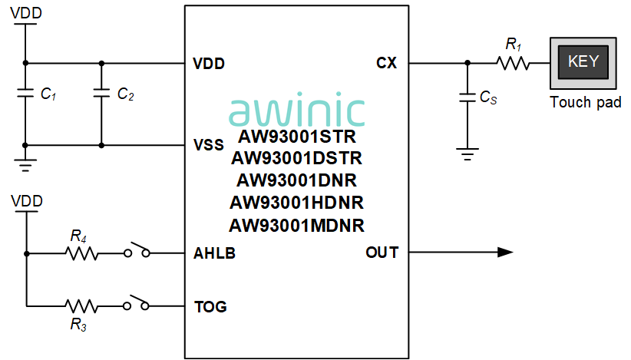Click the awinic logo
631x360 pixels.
coord(296,110)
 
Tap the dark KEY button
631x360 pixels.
coord(583,62)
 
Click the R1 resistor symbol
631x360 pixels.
coord(513,63)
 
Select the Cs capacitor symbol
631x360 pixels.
coord(467,97)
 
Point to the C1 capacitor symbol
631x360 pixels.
coord(25,93)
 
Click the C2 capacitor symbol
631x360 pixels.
coord(101,93)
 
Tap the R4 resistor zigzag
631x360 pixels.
coord(81,253)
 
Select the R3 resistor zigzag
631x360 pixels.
coord(81,306)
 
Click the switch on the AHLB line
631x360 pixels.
coord(137,250)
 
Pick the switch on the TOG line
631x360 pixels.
coord(137,303)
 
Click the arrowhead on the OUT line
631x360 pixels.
coord(505,253)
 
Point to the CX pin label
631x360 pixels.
coord(386,63)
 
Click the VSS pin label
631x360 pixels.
coord(209,145)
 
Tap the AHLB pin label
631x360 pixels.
coord(214,253)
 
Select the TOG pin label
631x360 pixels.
coord(210,307)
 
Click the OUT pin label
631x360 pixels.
coord(382,253)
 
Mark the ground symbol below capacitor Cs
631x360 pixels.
coord(467,154)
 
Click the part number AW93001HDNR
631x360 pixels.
coord(296,203)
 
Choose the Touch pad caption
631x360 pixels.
coord(586,102)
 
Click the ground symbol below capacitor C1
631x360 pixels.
coord(25,165)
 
